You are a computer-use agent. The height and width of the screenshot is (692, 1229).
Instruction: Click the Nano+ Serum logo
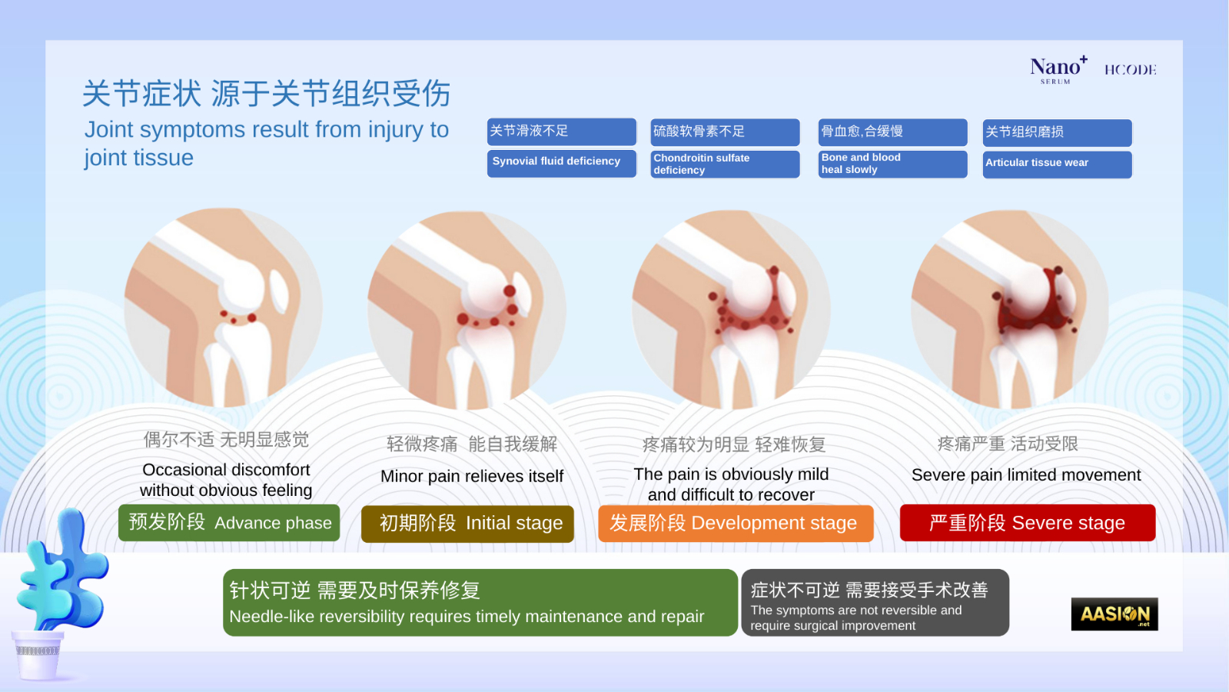1058,70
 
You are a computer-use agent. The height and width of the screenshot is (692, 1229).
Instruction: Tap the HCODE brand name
1131,70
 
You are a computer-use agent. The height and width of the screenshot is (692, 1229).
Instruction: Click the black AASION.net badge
1114,614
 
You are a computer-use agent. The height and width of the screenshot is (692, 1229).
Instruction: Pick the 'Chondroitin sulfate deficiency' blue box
725,164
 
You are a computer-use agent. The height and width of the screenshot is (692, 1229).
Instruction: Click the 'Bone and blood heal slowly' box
892,164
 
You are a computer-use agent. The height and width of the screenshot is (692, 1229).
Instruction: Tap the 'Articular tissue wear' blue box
1058,165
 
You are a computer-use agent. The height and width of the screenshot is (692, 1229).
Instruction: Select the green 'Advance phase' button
229,522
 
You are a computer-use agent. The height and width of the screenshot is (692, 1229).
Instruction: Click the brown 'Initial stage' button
467,524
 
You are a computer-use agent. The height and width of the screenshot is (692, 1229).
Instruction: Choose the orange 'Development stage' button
736,523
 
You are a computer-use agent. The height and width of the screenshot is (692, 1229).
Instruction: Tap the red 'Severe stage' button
1028,522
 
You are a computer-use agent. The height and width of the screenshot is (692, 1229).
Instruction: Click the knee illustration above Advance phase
223,308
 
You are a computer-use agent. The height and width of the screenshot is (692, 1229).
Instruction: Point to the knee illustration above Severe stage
1009,310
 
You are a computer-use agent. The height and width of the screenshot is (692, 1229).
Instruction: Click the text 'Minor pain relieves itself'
472,476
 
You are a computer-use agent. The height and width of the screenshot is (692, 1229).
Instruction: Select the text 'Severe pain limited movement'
1026,474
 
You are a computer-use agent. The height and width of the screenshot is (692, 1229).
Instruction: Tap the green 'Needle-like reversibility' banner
480,603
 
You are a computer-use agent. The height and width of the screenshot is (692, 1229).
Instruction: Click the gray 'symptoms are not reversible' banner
875,603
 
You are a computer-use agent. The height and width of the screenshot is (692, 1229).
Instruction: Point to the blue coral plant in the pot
62,571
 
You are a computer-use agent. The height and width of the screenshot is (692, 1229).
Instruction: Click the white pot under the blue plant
38,655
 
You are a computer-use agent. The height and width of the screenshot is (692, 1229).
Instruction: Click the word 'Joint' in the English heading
108,130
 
